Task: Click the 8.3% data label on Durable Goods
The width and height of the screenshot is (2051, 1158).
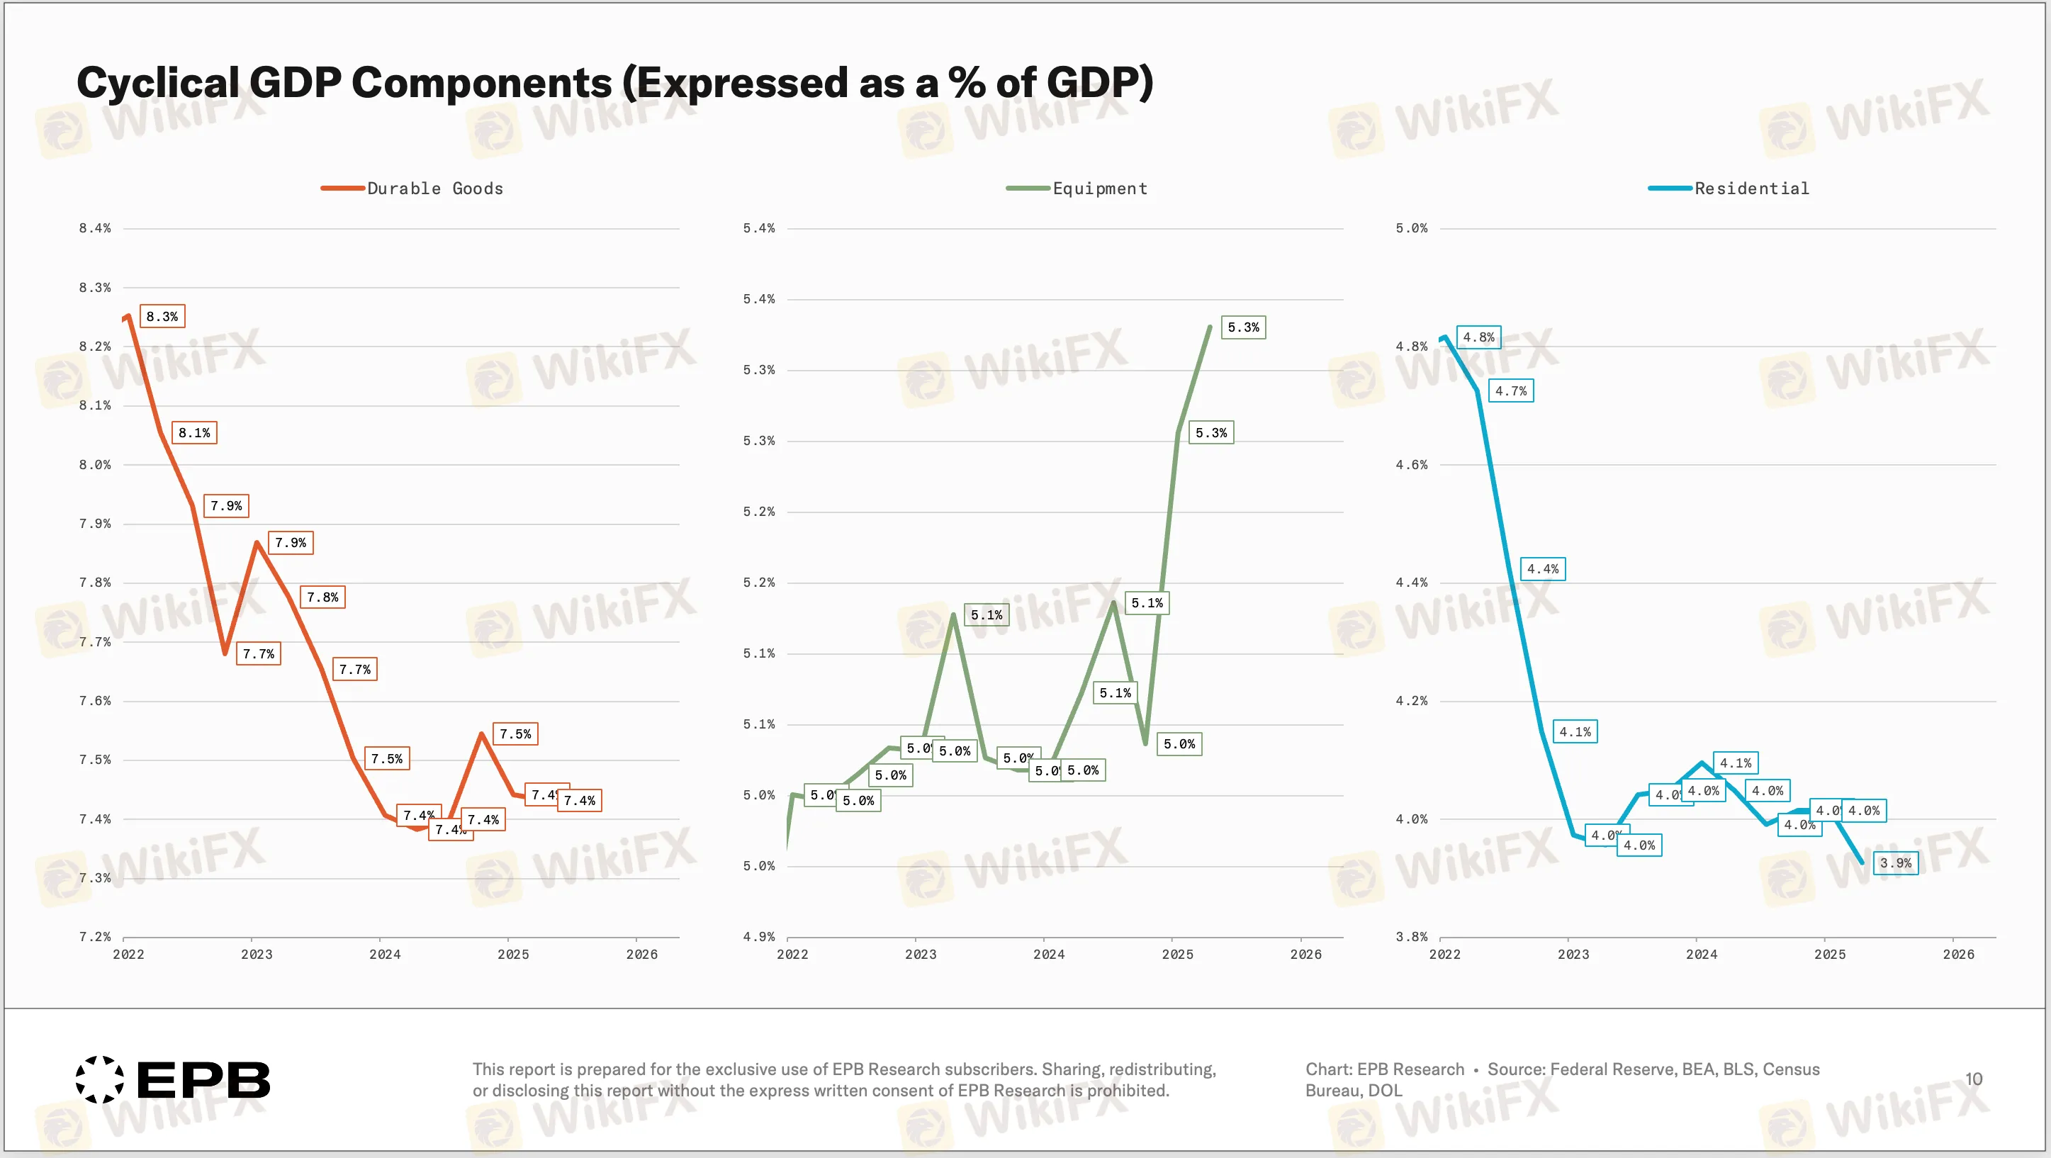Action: tap(162, 316)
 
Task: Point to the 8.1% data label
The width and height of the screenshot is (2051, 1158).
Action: tap(194, 432)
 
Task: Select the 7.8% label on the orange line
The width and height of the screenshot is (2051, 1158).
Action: tap(322, 597)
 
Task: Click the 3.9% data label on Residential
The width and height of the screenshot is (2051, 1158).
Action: tap(1895, 862)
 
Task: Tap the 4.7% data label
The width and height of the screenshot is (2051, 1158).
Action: tap(1510, 390)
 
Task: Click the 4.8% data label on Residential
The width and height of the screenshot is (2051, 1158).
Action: tap(1478, 337)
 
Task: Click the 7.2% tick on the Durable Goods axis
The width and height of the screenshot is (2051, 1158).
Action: tap(95, 937)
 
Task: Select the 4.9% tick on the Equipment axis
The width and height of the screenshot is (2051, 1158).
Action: tap(759, 937)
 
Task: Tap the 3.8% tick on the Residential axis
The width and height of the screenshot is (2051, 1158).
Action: tap(1411, 937)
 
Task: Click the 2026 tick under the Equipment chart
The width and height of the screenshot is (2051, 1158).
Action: tap(1305, 954)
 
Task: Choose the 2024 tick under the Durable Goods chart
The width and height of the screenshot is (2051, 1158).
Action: tap(386, 954)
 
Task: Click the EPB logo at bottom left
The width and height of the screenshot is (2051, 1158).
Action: tap(173, 1080)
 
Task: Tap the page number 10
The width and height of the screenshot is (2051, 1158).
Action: tap(1973, 1079)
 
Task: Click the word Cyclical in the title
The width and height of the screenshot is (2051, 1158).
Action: tap(157, 83)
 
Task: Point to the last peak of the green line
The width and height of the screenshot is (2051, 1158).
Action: tap(1210, 327)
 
